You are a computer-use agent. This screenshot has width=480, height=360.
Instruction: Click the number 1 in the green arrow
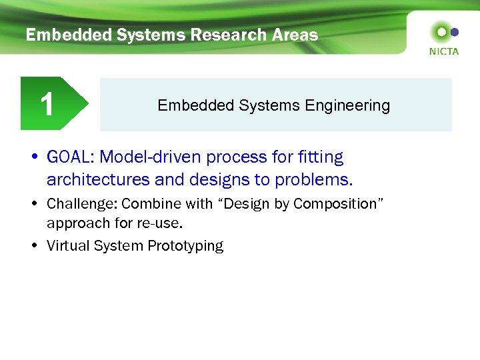click(46, 104)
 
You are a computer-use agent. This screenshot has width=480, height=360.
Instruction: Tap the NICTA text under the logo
click(444, 51)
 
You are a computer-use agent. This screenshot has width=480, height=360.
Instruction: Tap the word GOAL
click(69, 158)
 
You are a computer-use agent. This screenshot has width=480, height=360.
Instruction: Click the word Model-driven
click(150, 158)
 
